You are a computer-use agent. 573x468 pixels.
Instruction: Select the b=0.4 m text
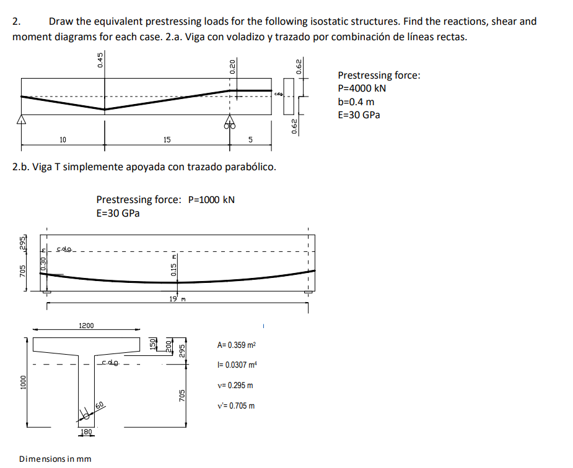point(356,102)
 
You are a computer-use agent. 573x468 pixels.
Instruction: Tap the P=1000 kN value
point(211,199)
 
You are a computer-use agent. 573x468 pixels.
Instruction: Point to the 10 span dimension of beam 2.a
point(63,140)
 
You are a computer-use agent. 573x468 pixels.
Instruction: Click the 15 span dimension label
point(167,140)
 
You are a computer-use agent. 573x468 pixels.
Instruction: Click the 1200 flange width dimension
point(86,326)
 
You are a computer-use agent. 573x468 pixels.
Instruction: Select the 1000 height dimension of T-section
point(22,382)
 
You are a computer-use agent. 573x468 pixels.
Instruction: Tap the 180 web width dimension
point(87,431)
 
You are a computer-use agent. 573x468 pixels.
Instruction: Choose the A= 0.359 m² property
point(237,345)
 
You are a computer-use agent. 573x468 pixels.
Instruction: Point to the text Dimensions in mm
point(55,459)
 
